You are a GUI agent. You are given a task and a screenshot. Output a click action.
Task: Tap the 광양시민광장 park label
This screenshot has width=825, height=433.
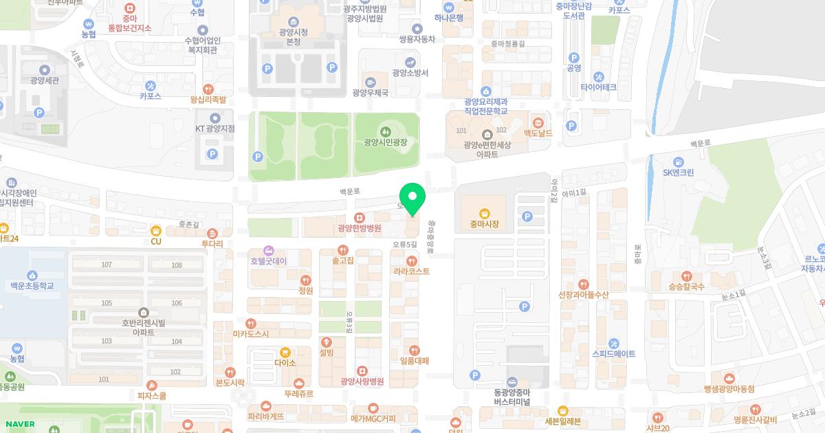(x=386, y=142)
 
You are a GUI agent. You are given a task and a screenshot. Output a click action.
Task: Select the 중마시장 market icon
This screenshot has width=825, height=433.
(x=484, y=213)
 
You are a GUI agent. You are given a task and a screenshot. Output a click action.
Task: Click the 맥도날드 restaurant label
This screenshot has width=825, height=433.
(x=538, y=133)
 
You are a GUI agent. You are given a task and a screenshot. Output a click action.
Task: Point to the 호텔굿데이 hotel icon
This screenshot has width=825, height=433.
(x=269, y=250)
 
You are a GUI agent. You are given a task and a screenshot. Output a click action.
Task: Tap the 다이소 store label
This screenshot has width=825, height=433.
(x=285, y=362)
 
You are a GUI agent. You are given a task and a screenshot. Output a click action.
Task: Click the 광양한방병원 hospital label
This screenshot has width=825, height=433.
(x=360, y=228)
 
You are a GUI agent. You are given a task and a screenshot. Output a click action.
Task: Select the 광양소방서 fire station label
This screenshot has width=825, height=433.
(x=410, y=73)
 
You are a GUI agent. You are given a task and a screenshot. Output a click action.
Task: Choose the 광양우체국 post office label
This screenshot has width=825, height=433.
(x=370, y=93)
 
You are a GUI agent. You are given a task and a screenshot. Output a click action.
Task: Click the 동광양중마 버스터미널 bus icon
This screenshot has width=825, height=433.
(x=512, y=382)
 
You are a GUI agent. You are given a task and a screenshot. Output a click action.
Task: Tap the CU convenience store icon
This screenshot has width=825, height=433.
(x=156, y=231)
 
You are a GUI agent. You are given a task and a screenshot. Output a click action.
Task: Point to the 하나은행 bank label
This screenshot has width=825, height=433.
(x=449, y=18)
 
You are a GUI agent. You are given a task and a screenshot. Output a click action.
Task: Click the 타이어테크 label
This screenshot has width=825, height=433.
(x=598, y=87)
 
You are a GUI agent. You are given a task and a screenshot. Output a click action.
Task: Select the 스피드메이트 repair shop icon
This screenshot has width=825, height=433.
(x=614, y=343)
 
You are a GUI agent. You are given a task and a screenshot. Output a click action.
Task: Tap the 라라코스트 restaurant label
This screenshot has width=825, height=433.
(x=411, y=271)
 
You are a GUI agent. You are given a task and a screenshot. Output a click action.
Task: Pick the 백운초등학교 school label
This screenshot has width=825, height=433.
(x=32, y=285)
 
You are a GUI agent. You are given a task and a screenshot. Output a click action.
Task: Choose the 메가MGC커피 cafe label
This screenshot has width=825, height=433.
(x=373, y=417)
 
